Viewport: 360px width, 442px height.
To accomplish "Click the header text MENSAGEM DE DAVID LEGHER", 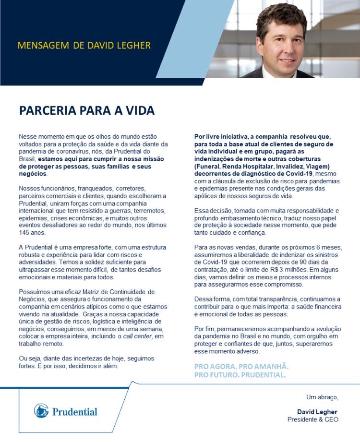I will click(84, 46).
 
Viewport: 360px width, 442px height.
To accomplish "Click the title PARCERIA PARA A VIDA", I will click(86, 110).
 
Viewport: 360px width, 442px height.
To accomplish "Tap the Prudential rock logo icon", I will click(41, 411).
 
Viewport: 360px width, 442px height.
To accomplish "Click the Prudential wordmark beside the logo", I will click(74, 411).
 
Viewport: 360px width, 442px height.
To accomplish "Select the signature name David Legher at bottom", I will click(317, 412).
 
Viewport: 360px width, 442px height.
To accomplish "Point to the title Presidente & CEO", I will click(313, 419).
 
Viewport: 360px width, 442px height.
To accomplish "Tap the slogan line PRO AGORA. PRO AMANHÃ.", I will click(241, 366).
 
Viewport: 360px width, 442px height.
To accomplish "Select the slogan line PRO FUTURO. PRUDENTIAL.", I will click(240, 374).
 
